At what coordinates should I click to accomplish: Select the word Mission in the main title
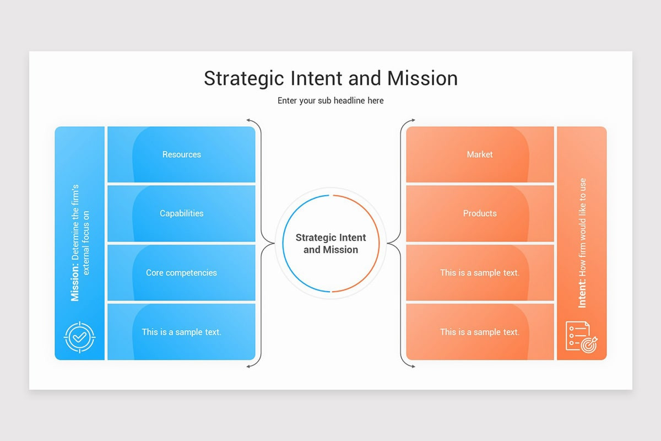coord(422,78)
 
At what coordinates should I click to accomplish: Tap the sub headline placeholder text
coord(330,100)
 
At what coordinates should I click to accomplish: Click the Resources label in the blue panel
coord(181,154)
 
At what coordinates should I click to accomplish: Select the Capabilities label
coord(181,213)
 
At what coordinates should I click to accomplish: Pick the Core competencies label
coord(181,273)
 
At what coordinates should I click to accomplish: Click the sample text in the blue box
coord(181,332)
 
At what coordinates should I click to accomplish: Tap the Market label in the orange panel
coord(479,154)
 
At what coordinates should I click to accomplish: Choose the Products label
coord(479,213)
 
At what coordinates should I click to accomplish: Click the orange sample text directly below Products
coord(479,273)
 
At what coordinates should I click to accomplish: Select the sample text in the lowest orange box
coord(479,332)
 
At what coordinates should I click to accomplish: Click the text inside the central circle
coord(330,244)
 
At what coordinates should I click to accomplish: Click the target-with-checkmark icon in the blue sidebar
coord(79,337)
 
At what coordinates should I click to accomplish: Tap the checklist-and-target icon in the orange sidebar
coord(582,337)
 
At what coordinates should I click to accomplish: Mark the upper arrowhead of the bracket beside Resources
coord(248,120)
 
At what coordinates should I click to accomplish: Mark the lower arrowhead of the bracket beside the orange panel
coord(413,366)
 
